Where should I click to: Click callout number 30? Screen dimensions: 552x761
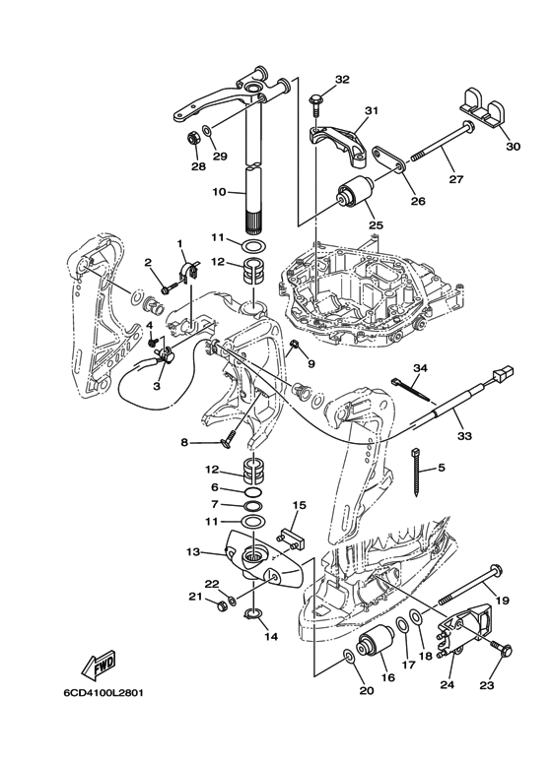(x=514, y=146)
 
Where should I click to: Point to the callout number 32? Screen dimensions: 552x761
(x=342, y=79)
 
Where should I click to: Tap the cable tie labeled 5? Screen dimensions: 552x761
(x=416, y=472)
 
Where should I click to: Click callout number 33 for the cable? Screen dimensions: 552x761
(x=464, y=436)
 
